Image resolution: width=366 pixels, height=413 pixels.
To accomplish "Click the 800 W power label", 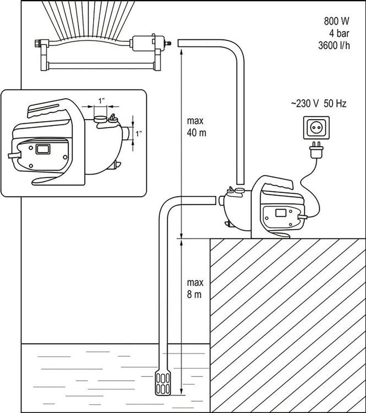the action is [x=336, y=21].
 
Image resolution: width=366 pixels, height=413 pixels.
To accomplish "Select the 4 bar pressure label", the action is [x=339, y=33].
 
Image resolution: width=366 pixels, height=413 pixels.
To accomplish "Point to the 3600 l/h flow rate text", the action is [x=334, y=45].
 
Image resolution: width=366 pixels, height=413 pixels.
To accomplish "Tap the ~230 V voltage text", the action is [x=305, y=104].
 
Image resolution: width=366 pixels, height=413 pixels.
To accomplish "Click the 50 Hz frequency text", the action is [x=335, y=104].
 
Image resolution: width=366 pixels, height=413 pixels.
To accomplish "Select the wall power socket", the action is [x=316, y=128].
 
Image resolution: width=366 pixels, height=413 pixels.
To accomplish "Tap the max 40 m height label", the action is [x=197, y=127].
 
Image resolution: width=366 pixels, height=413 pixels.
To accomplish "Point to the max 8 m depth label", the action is [x=195, y=289].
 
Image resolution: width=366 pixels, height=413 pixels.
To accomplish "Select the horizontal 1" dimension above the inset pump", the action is [x=101, y=106].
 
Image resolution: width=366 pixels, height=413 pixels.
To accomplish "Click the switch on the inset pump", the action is [x=43, y=149].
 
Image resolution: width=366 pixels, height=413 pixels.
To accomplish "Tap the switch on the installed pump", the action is [x=279, y=213].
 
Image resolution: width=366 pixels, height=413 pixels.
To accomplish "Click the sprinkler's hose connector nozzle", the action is [x=168, y=43].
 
